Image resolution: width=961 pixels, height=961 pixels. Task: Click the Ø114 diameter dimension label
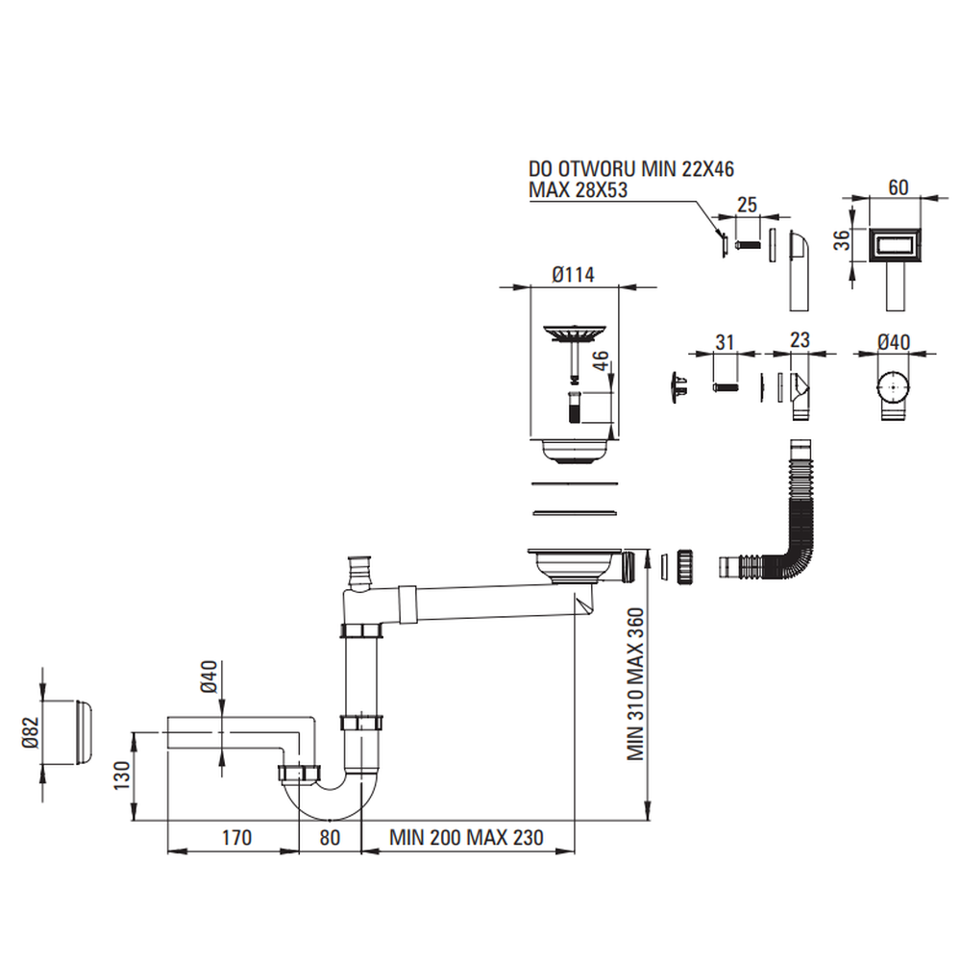pos(573,275)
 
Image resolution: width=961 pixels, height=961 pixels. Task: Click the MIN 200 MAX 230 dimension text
pos(466,837)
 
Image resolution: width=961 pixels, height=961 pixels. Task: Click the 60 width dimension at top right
pos(898,187)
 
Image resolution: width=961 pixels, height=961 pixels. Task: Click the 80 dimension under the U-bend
pos(330,837)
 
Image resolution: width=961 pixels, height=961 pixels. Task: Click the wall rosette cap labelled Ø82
pos(72,732)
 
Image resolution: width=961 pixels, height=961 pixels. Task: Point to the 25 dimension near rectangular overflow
pos(747,204)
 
